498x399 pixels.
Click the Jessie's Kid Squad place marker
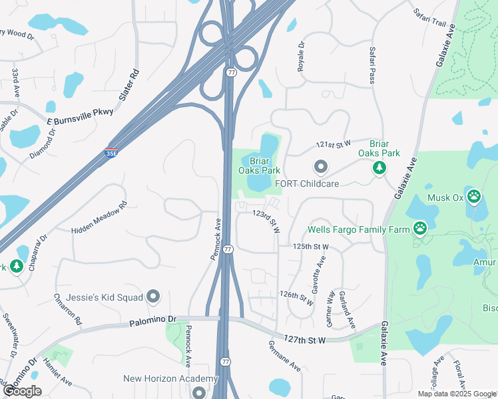(x=154, y=296)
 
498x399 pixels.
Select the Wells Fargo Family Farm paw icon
(x=420, y=229)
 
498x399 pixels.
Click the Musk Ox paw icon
(x=473, y=196)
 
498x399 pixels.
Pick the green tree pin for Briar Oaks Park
(x=379, y=168)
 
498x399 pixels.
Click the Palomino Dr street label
(x=152, y=320)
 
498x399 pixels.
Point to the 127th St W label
(x=303, y=340)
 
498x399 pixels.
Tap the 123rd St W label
(x=266, y=221)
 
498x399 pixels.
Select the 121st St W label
(x=333, y=144)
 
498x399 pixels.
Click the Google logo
(x=23, y=392)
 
